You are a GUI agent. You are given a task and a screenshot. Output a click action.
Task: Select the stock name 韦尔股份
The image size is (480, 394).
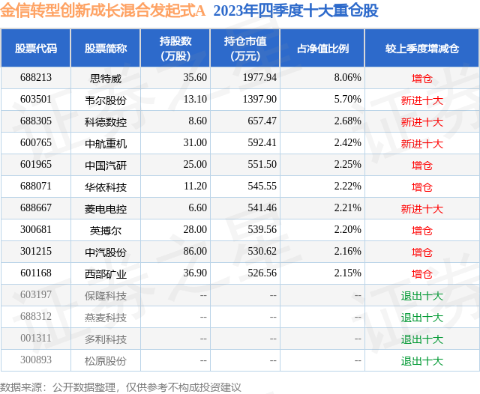[x=106, y=99]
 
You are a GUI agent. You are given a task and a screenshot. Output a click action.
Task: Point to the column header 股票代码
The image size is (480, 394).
[x=35, y=48]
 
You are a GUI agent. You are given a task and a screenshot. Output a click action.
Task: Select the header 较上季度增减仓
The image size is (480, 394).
[x=421, y=48]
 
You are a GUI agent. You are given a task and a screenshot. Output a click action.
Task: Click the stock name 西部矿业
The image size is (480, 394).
[x=106, y=274]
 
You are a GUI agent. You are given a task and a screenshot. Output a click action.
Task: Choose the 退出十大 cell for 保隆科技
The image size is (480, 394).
[x=421, y=296]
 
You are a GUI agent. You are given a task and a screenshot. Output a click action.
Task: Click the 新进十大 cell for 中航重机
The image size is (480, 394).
[x=421, y=143]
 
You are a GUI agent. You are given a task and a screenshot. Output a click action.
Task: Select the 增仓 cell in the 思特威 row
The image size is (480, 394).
[x=421, y=77]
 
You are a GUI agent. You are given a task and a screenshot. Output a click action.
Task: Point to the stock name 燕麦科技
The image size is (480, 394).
[x=106, y=318]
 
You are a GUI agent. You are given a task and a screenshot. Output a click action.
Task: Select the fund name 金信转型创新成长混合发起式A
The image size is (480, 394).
[x=103, y=10]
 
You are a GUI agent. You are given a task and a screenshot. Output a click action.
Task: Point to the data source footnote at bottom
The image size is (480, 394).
[x=121, y=387]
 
